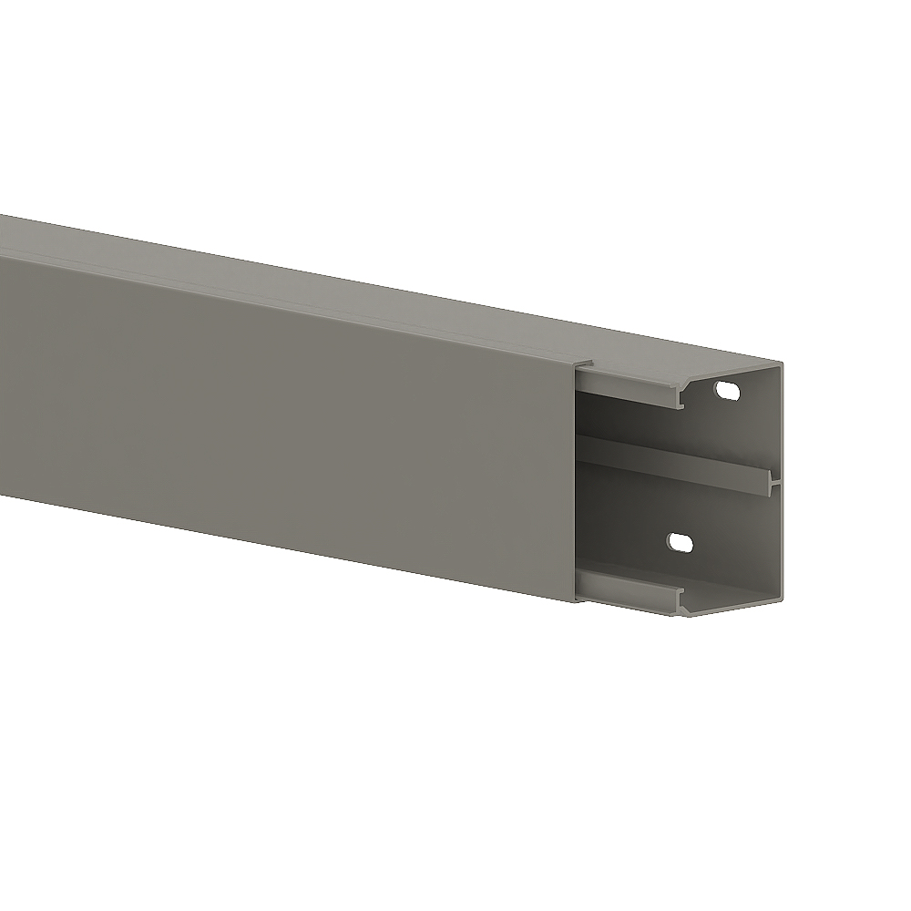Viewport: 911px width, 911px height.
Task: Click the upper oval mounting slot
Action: pos(729,392)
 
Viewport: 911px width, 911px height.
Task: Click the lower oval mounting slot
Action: pos(680,543)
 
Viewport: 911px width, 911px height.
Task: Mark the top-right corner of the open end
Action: pos(783,364)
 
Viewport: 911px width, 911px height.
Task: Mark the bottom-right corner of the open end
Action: pos(783,601)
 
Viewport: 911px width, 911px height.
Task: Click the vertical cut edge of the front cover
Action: pos(578,483)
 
